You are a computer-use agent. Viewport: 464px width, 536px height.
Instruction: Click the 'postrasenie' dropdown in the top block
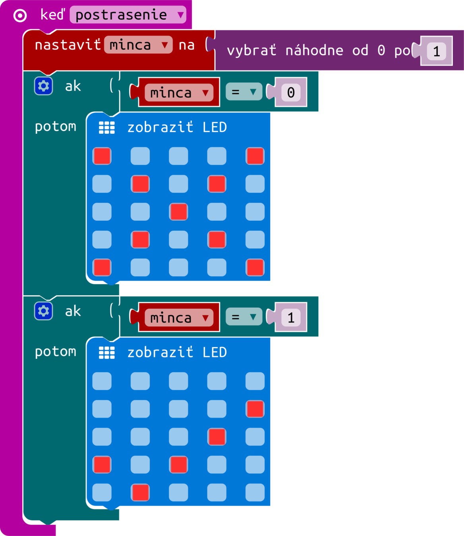coord(128,15)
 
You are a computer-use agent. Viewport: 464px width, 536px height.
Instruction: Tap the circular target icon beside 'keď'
coord(20,15)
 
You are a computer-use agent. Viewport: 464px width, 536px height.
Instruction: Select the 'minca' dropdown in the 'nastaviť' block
coord(138,45)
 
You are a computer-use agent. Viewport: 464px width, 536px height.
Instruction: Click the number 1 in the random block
coord(437,51)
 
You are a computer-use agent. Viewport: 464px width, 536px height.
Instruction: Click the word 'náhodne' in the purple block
coord(314,50)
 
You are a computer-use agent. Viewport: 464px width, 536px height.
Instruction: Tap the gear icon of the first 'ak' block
coord(43,86)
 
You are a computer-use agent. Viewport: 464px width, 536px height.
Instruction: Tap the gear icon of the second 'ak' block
coord(43,311)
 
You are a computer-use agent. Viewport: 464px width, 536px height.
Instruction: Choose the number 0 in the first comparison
coord(291,93)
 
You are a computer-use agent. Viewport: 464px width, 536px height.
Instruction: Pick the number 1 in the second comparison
coord(291,318)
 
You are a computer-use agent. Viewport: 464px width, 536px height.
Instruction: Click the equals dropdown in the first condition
coord(244,92)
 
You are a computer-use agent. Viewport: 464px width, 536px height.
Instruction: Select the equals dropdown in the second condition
coord(244,317)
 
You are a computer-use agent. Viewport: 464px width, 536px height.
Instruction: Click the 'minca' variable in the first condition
coord(179,93)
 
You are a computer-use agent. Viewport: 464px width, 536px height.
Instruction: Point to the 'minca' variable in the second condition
coord(179,318)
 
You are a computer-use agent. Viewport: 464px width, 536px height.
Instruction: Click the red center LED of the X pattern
coord(178,212)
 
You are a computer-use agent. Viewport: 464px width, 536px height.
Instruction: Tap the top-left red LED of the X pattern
coord(102,156)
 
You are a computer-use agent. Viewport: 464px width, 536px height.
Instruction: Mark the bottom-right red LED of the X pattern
coord(255,267)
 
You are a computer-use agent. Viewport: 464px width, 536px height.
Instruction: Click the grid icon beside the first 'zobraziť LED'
coord(106,127)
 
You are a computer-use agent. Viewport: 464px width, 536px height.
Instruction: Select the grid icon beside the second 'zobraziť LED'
coord(106,353)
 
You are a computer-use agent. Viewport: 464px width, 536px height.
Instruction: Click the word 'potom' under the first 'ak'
coord(55,127)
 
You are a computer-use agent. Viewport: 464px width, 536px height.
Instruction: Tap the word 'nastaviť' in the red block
coord(68,45)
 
